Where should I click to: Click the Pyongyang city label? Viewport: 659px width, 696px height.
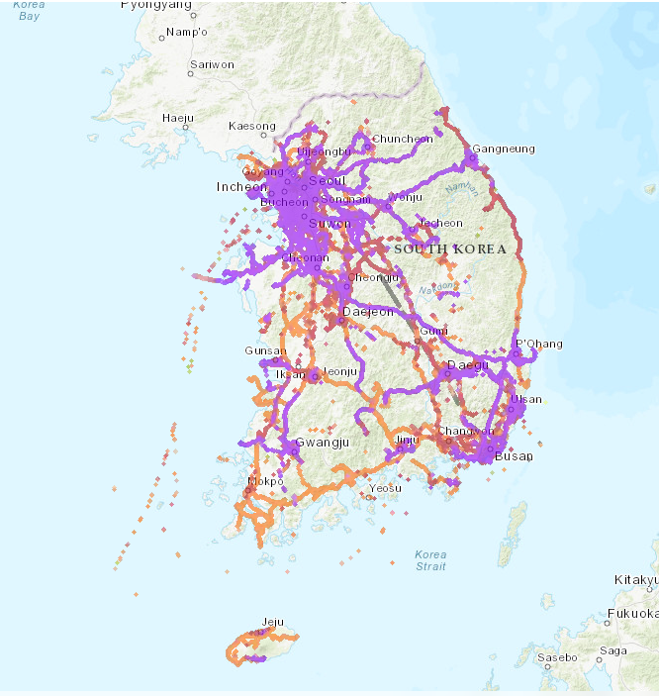coord(156,5)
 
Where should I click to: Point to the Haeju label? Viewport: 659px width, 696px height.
coord(177,119)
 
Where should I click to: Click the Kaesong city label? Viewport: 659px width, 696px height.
coord(252,127)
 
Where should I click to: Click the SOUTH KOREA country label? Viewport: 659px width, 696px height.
coord(450,249)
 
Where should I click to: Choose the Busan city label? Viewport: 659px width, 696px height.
coord(514,456)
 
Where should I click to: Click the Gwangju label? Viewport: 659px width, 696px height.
coord(323,443)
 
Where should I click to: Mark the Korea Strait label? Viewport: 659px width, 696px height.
coord(430,560)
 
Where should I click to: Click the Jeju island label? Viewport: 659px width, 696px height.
coord(271,622)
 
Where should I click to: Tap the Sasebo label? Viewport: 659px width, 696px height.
coord(557,657)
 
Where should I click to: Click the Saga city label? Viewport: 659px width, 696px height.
coord(613,650)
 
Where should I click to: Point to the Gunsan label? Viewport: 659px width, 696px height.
coord(265,351)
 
